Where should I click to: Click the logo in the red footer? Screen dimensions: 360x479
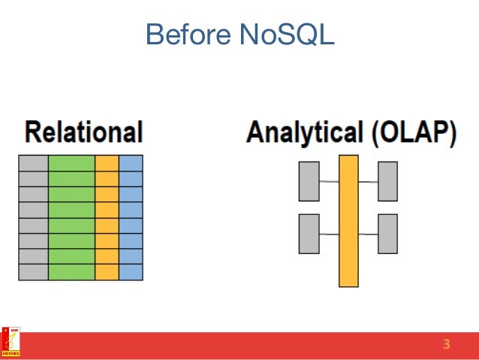click(x=11, y=342)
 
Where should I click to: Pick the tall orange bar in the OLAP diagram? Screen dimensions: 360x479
click(x=348, y=221)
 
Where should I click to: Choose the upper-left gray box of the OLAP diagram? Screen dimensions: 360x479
click(x=309, y=181)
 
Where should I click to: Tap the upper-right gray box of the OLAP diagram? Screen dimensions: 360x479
click(x=387, y=181)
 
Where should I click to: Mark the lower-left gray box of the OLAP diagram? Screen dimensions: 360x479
click(x=309, y=234)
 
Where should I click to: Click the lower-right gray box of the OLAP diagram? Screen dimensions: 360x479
click(x=387, y=234)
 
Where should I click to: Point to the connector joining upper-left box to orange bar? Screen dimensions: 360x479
click(x=329, y=181)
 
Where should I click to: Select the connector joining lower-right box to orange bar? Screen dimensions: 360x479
click(x=368, y=234)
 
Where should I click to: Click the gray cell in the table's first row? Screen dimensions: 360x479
click(x=33, y=163)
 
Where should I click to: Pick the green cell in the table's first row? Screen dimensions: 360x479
click(x=71, y=163)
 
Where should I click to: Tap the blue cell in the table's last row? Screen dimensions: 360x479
click(x=131, y=272)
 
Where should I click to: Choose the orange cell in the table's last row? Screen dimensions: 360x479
click(x=107, y=272)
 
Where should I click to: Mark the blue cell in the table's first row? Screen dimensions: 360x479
click(x=131, y=163)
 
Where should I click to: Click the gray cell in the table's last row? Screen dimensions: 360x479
click(x=33, y=272)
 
